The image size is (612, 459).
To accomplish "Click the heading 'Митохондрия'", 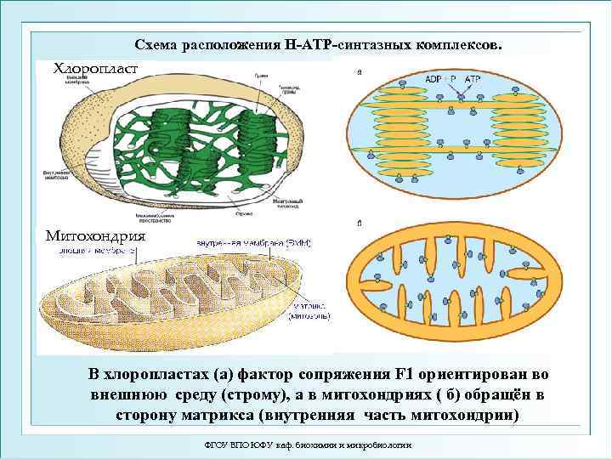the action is pyautogui.click(x=94, y=236).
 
